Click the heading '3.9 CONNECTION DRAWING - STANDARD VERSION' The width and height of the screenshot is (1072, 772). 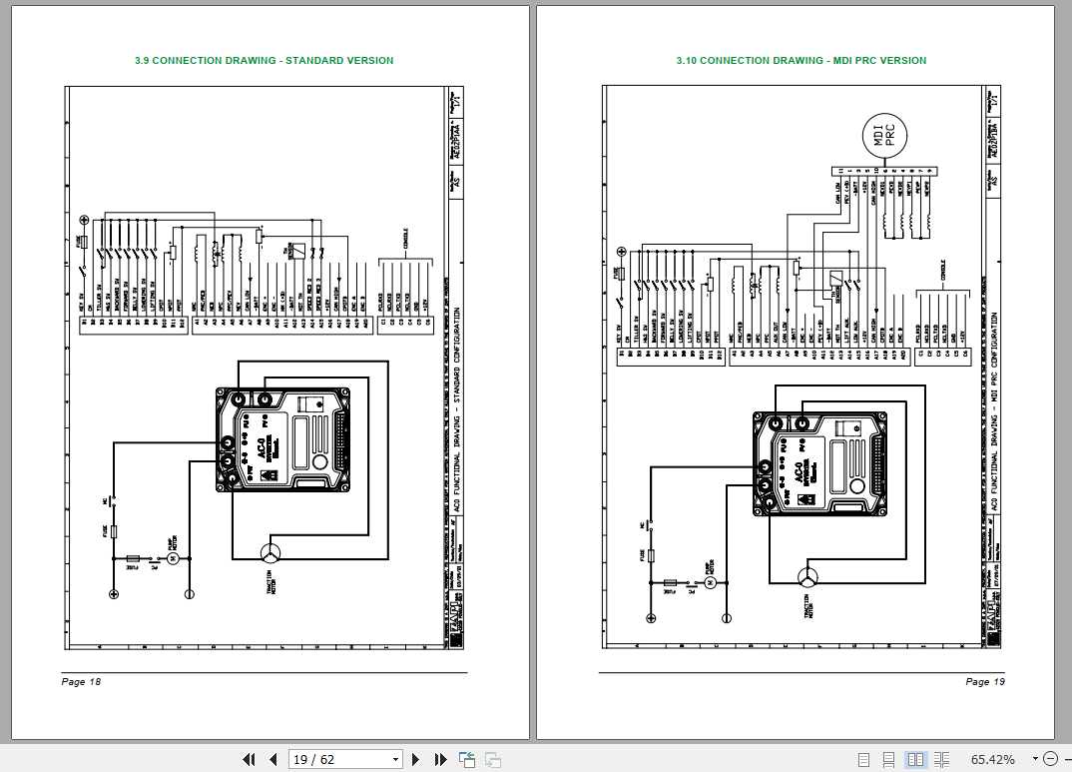[x=264, y=61]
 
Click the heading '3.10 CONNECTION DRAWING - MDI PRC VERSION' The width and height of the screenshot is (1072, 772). [x=801, y=61]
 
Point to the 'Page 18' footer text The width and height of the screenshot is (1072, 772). [x=82, y=682]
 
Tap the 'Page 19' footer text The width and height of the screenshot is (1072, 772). [x=985, y=682]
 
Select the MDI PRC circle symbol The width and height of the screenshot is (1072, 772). [x=883, y=136]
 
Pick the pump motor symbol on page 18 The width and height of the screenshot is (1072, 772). [x=171, y=557]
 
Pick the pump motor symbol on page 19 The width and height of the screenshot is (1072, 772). [x=711, y=582]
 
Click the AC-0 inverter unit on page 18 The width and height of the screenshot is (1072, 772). [x=283, y=439]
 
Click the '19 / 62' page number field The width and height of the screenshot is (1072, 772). [x=345, y=760]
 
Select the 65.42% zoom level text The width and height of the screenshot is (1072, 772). [x=993, y=760]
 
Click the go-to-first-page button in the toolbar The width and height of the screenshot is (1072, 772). [x=250, y=760]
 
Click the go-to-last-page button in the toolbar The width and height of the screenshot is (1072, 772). [x=440, y=760]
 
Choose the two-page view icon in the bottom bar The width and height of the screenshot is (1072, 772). [x=915, y=760]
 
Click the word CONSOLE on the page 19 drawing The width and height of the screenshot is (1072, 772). [x=943, y=270]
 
